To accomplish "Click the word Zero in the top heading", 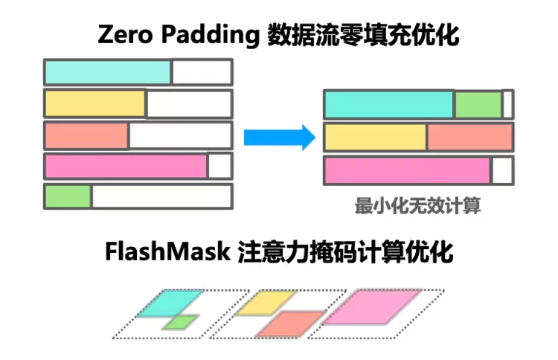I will pos(124,36).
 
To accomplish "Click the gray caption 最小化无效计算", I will pos(417,206).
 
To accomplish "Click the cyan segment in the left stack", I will pos(108,72).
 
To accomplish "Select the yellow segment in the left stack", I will pos(95,104).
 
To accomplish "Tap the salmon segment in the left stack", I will pos(86,136).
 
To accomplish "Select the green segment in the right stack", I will pos(478,105).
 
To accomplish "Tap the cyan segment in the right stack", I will pos(388,105).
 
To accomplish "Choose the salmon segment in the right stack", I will pos(469,138).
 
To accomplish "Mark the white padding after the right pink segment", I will pos(502,170).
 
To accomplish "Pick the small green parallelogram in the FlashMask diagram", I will pos(181,322).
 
